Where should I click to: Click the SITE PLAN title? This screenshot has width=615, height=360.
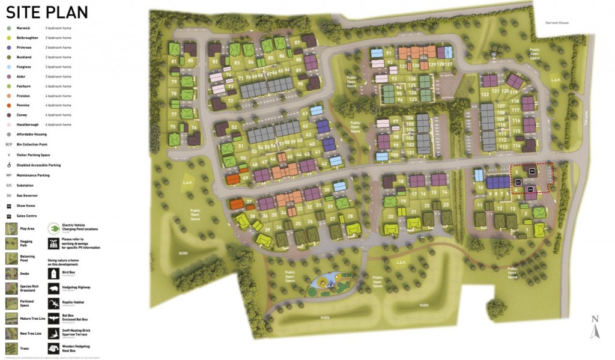(47, 12)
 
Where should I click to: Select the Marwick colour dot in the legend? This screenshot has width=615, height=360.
(8, 28)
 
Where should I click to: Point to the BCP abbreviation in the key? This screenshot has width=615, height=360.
(9, 145)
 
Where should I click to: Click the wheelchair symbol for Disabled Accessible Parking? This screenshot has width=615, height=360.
(8, 165)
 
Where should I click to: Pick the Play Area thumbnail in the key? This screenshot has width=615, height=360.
(10, 228)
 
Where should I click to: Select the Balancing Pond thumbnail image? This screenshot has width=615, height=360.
(10, 258)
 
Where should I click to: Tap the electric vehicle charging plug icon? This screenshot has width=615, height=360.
(53, 228)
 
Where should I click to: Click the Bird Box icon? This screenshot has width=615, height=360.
(53, 273)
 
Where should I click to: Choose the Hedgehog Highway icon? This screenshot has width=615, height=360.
(53, 288)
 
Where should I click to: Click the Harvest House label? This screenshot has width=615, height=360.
(556, 23)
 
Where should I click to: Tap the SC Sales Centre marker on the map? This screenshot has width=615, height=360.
(517, 182)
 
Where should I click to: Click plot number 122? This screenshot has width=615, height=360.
(485, 94)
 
